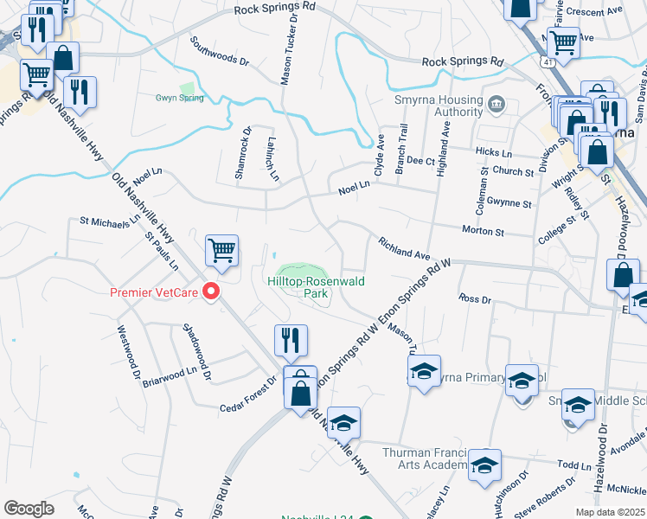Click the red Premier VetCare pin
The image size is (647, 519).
[209, 292]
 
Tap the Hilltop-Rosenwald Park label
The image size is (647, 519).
[298, 287]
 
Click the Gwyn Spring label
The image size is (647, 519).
[179, 98]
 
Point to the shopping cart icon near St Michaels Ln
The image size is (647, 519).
[221, 251]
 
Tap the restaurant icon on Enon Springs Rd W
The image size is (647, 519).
[291, 340]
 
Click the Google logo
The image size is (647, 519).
[29, 508]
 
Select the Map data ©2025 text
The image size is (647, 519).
[608, 512]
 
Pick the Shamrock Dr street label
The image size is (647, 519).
[244, 153]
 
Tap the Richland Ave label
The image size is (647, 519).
[404, 250]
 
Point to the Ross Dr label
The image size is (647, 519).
[475, 298]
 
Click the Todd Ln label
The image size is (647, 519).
[573, 465]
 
